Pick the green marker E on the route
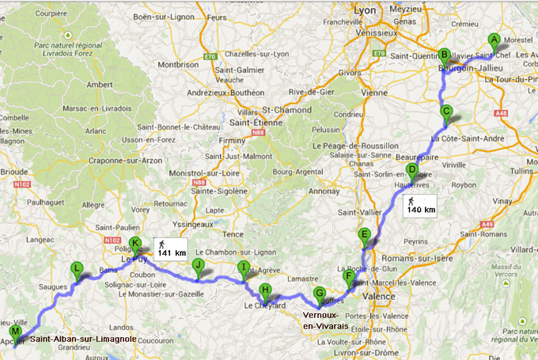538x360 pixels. [x=364, y=235]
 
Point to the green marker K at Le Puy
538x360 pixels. [x=134, y=244]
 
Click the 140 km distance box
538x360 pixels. [x=419, y=205]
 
